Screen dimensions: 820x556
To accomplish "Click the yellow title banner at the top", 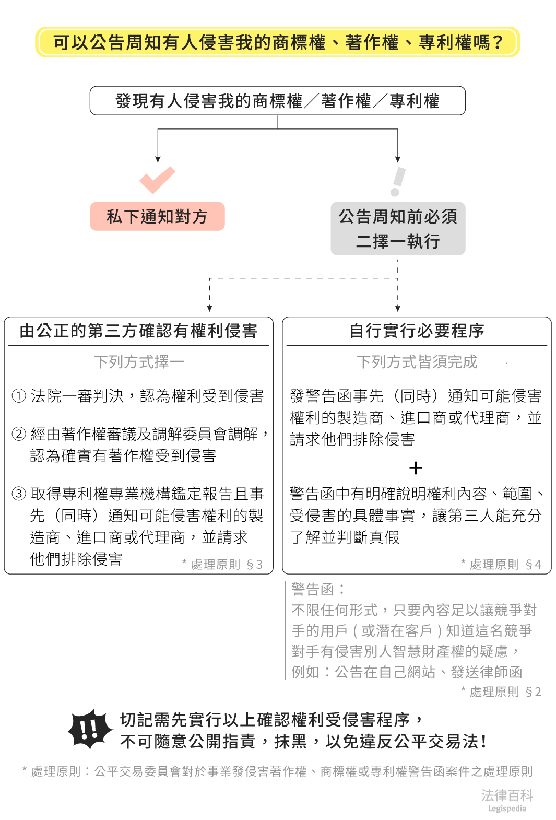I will click(278, 42).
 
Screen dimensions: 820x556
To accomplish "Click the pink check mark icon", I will click(157, 180).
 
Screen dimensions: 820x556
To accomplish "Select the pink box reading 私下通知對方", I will click(157, 216).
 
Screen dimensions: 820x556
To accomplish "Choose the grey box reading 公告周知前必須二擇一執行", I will click(398, 229).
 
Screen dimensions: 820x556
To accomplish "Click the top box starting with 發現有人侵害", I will click(278, 101).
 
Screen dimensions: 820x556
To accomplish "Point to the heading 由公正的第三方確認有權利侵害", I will click(138, 331).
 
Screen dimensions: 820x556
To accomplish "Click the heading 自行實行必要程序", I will click(417, 331).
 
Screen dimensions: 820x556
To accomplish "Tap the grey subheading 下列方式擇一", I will click(139, 361).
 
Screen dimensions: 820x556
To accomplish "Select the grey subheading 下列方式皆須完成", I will click(417, 361).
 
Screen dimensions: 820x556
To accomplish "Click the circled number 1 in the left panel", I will click(19, 396).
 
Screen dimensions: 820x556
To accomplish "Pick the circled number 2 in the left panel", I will click(19, 434).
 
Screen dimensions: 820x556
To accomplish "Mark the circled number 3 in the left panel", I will click(19, 494).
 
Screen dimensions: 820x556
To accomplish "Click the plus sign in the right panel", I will click(416, 467).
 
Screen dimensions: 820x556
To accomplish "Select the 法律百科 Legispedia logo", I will click(507, 800).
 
